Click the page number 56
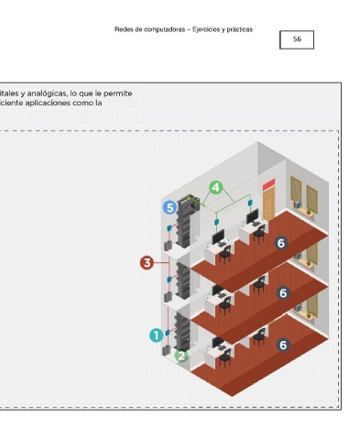297,39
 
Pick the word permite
118,93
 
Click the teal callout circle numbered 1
157,335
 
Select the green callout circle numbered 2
181,356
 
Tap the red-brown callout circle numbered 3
147,263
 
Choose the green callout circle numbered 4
216,187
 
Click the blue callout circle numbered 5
169,207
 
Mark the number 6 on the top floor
281,243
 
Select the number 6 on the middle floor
283,293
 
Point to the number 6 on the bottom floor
283,345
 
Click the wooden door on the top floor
268,203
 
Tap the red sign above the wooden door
268,184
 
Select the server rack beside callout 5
186,221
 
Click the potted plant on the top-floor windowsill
309,211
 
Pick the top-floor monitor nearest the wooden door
252,216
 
